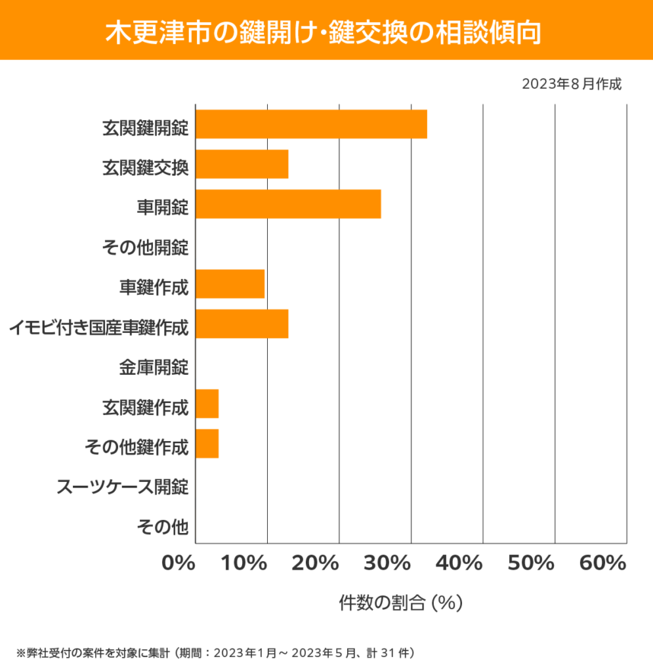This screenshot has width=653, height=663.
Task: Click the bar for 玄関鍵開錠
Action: point(311,124)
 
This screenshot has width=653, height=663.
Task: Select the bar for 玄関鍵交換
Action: point(242,164)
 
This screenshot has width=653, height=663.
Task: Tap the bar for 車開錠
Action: point(288,205)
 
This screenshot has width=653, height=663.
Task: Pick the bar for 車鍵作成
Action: point(230,284)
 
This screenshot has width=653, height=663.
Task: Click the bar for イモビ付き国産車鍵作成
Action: point(242,324)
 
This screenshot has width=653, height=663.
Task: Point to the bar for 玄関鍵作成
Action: point(207,404)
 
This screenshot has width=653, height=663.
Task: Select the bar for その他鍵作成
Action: point(207,443)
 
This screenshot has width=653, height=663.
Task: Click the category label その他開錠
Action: point(145,246)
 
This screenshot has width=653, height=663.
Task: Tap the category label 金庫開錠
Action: point(154,367)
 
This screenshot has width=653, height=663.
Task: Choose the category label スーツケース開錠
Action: point(123,487)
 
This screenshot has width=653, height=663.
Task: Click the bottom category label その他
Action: point(162,526)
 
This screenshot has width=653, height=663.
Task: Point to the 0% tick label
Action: point(179,563)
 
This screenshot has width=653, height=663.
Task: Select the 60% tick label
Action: point(602,563)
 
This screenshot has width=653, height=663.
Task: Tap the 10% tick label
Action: point(246,563)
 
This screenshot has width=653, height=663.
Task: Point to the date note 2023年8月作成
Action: point(572,84)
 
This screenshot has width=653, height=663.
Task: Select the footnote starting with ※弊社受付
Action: point(214,652)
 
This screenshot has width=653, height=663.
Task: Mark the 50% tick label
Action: point(530,563)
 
